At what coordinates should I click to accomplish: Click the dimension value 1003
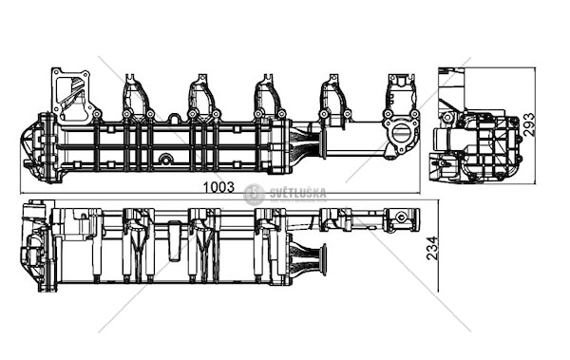218,187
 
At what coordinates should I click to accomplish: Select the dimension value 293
530,124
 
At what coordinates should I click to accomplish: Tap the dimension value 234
432,248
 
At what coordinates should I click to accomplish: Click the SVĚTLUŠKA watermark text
298,193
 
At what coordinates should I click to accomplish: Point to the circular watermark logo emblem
254,195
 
